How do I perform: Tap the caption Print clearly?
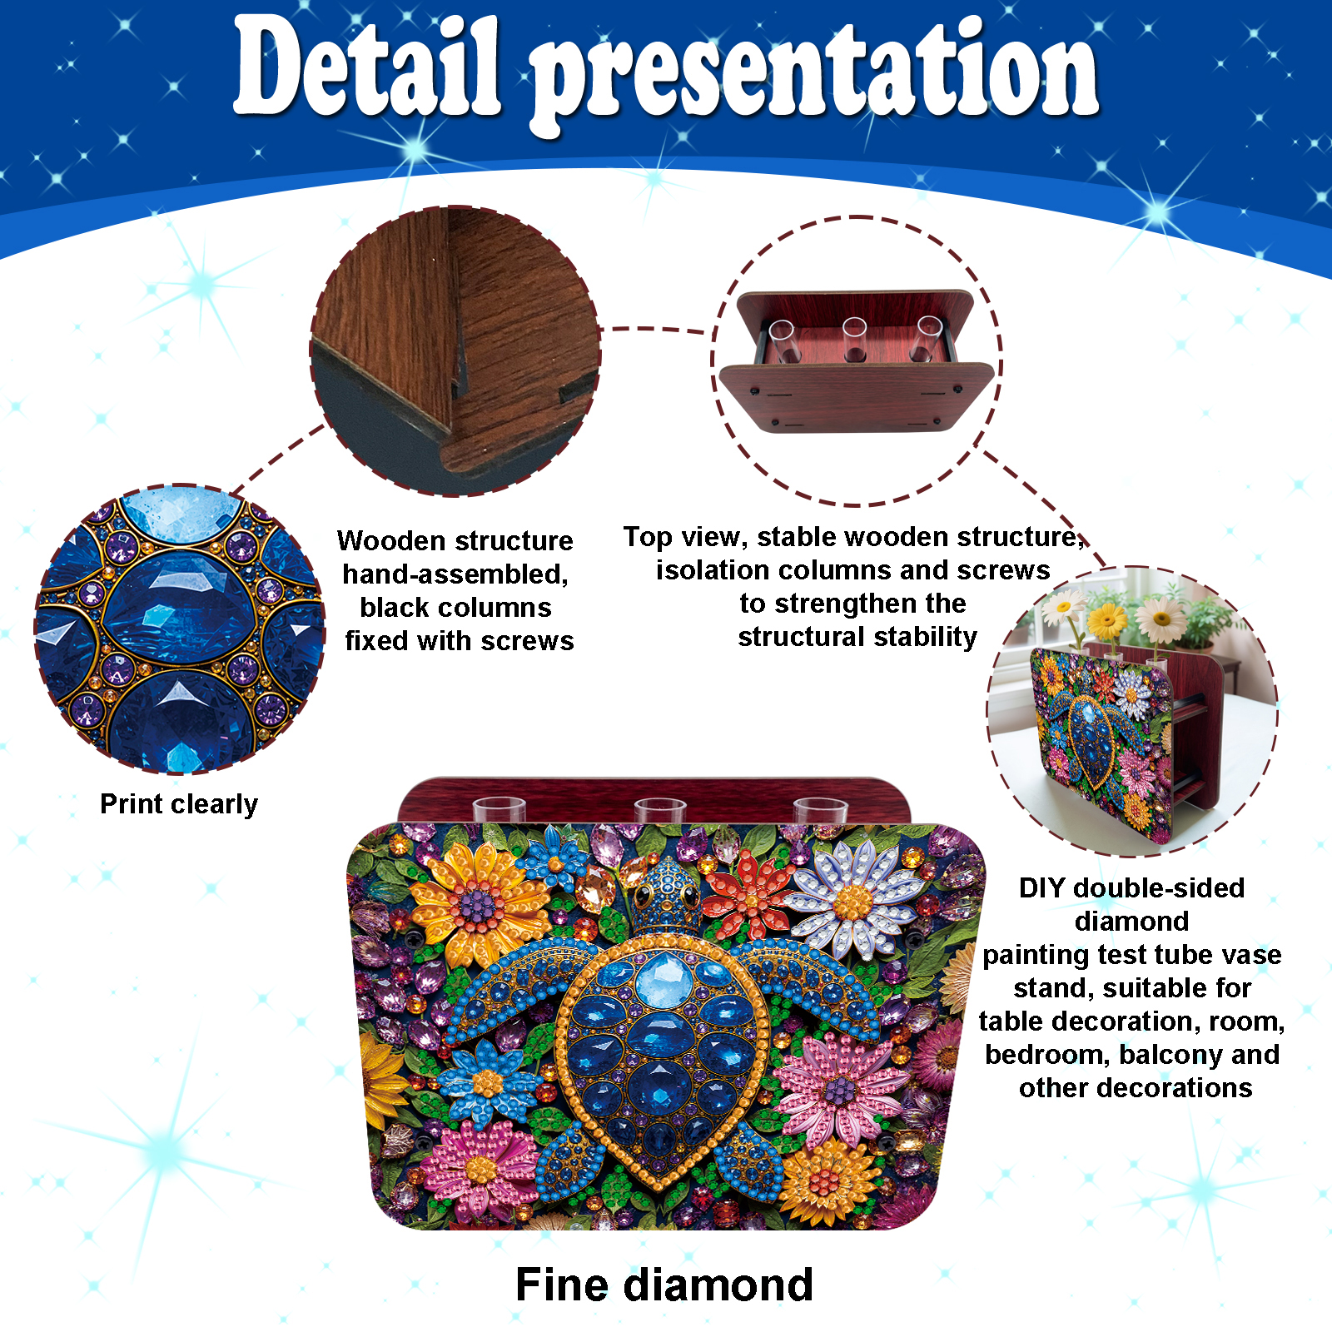coord(179,804)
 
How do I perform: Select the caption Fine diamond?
coord(664,1284)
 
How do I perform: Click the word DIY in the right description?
coord(1042,887)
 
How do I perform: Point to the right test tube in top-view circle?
coord(927,337)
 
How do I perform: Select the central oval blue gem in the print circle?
coord(178,608)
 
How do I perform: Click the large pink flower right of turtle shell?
coord(840,1086)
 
